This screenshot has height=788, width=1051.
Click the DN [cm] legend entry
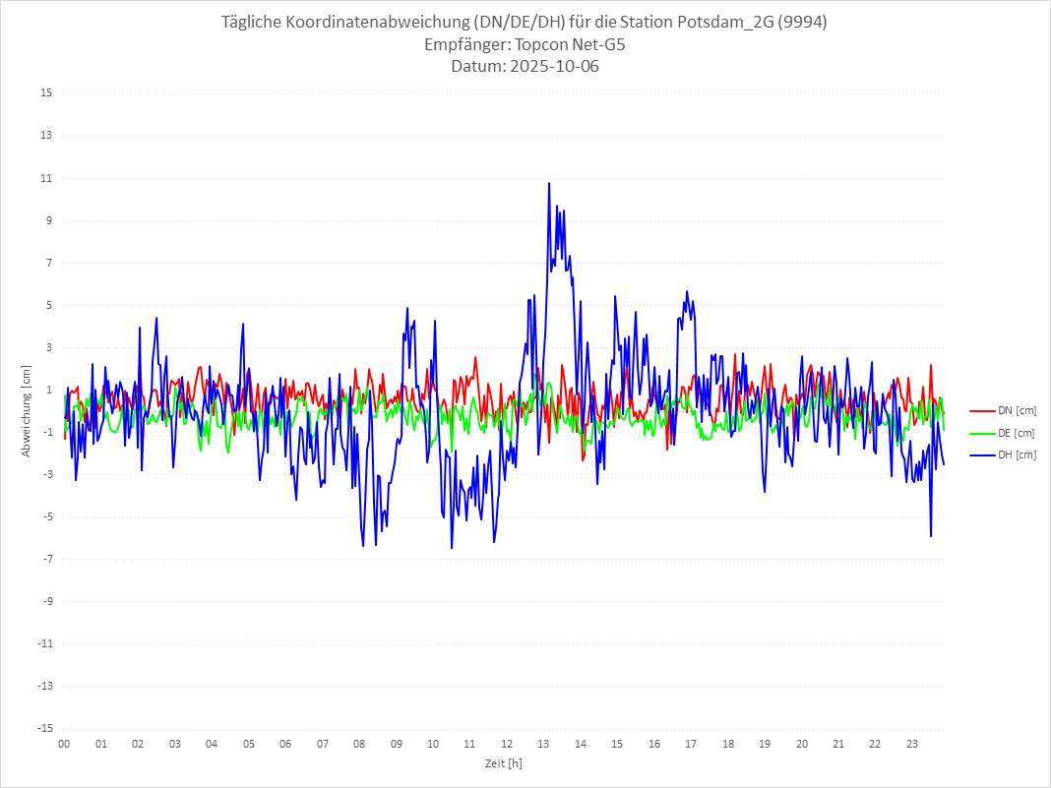click(x=1017, y=410)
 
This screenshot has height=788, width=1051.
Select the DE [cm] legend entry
click(x=1017, y=433)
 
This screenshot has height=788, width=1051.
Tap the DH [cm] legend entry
click(x=1017, y=455)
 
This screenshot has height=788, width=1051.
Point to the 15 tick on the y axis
click(x=46, y=93)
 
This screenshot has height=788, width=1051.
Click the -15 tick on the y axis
click(x=44, y=729)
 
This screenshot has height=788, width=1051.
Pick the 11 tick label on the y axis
click(x=46, y=178)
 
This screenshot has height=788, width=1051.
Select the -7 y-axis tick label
click(x=46, y=560)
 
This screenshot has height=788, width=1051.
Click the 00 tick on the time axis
click(x=64, y=745)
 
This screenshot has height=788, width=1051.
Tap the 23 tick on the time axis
click(x=912, y=745)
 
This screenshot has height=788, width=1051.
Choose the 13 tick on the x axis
click(x=543, y=745)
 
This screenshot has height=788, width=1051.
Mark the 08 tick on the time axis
click(x=359, y=745)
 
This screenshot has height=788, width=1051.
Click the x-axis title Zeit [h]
click(x=504, y=763)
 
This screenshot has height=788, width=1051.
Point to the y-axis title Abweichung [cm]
click(x=27, y=411)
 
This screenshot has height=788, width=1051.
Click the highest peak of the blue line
click(x=549, y=183)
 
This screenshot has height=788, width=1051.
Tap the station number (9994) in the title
click(x=799, y=22)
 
